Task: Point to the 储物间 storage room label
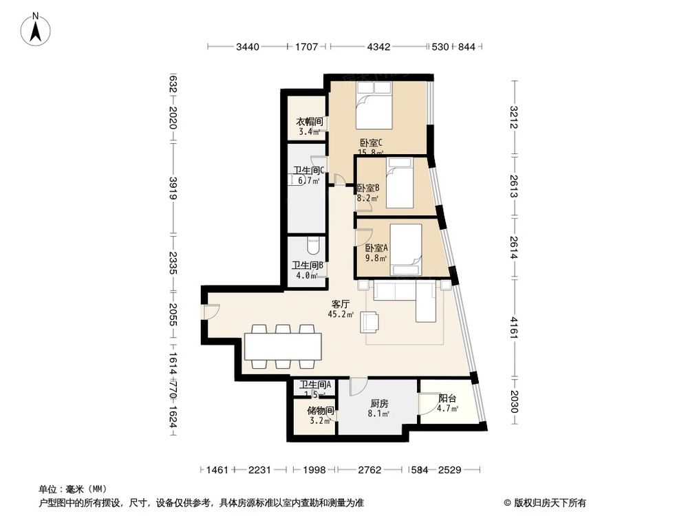321,411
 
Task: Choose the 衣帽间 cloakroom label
309,122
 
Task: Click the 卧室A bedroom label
376,248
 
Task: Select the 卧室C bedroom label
370,144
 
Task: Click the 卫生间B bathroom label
307,266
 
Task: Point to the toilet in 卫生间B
313,244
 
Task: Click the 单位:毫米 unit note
68,489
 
